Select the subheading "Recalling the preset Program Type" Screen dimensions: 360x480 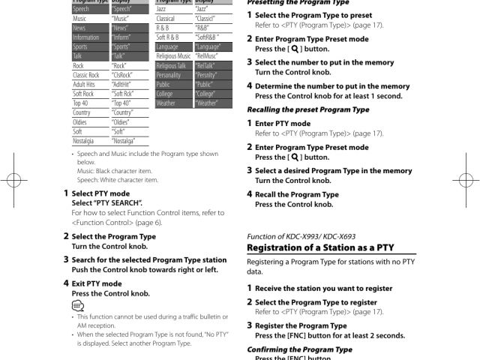[307, 109]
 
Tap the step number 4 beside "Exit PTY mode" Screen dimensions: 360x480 [65, 283]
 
